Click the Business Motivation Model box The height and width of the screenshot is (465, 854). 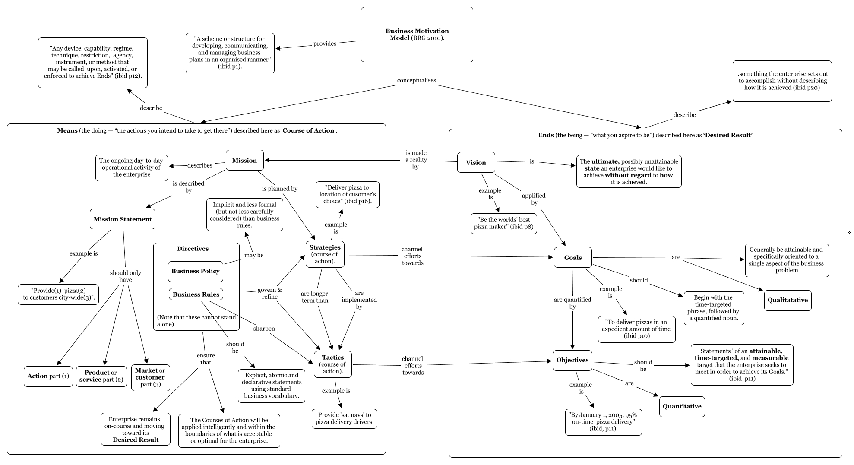click(x=417, y=35)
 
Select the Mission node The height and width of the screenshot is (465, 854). click(x=244, y=160)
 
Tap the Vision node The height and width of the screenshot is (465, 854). click(x=476, y=162)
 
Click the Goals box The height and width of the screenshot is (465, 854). click(x=572, y=257)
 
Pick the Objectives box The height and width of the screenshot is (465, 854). click(x=572, y=360)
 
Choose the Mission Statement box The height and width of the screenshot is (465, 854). click(x=123, y=219)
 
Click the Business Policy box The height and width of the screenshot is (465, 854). click(x=196, y=271)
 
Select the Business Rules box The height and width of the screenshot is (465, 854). click(x=196, y=294)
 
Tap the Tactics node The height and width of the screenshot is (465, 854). click(x=333, y=364)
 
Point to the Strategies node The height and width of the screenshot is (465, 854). click(x=325, y=254)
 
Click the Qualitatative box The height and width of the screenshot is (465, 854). click(x=788, y=300)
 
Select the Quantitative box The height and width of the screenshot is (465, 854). click(x=682, y=406)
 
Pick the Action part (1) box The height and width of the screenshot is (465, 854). click(x=48, y=376)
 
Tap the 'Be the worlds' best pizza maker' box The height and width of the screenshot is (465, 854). click(x=504, y=223)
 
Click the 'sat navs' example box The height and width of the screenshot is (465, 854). click(x=344, y=418)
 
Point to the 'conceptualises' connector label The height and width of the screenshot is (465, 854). click(x=417, y=80)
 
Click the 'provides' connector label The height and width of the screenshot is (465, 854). click(x=325, y=44)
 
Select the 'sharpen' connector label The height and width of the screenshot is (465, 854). click(x=264, y=329)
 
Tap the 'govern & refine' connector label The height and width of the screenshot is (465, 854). click(x=270, y=293)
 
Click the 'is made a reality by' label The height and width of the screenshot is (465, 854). click(x=416, y=160)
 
